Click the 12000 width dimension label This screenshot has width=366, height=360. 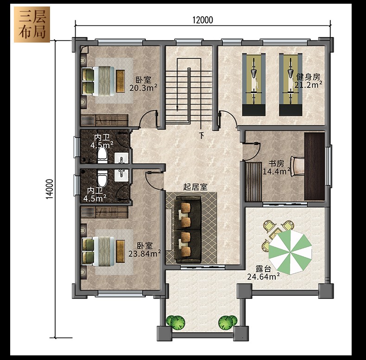coord(202,20)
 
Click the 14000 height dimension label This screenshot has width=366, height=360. coord(50,189)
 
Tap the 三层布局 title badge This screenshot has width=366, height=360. coord(32,24)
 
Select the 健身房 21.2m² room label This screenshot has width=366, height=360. coord(308,81)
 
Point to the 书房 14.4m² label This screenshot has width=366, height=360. coord(277,168)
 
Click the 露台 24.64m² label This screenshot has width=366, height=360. coord(263,273)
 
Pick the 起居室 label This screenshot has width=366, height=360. coord(195,187)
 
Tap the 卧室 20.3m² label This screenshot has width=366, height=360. coord(143,84)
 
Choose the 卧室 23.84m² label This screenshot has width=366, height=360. coord(145,249)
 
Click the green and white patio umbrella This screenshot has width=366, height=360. coord(290,252)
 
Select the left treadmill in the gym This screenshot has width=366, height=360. coord(254,84)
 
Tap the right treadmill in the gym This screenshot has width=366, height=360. coord(291,84)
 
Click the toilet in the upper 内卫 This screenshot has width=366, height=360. coord(102,155)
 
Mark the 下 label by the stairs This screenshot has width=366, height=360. coord(202,135)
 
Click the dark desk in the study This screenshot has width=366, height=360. coord(315,166)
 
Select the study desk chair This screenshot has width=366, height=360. coord(297,166)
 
